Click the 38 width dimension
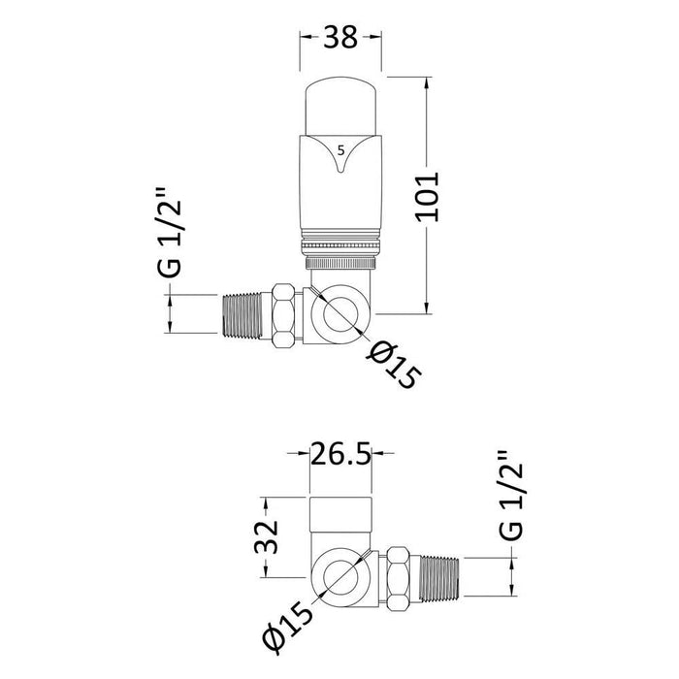click(340, 37)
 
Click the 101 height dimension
click(428, 197)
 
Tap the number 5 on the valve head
click(340, 150)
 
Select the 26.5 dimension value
click(340, 453)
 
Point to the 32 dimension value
click(266, 537)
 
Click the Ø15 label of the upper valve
click(393, 365)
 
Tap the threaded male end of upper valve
click(242, 315)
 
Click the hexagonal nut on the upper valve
click(284, 315)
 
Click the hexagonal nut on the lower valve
click(398, 578)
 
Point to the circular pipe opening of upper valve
click(340, 315)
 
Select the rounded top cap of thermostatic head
click(340, 106)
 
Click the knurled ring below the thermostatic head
click(340, 263)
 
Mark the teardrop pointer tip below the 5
click(340, 173)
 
